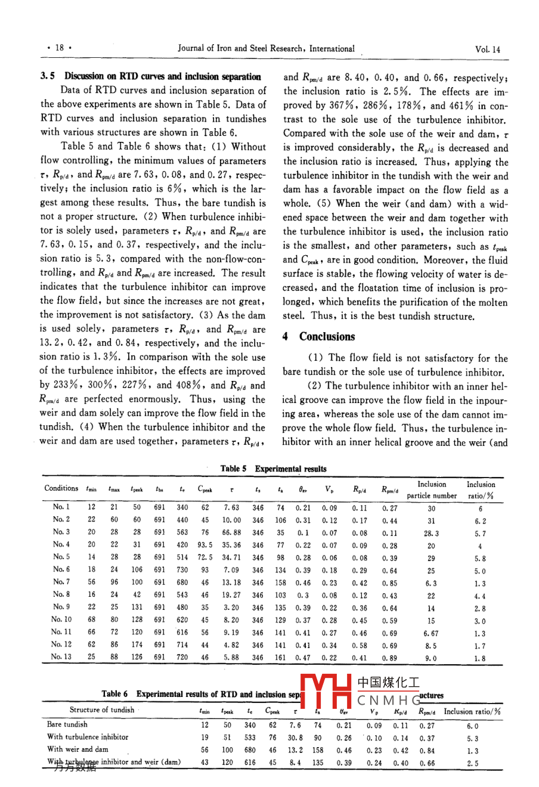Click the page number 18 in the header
coord(60,48)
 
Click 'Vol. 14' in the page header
coord(487,49)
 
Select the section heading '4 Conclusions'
coord(319,337)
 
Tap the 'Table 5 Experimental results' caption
coord(274,469)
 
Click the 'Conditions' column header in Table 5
coord(61,488)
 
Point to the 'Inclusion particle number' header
coord(432,489)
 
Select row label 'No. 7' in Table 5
coord(61,582)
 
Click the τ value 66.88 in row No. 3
coord(231,532)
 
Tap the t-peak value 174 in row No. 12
coord(137,645)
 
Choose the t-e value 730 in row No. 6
coord(182,570)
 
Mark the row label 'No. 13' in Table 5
coord(61,657)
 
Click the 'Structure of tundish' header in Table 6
coord(102,709)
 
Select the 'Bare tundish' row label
coord(67,724)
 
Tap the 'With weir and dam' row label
coord(78,749)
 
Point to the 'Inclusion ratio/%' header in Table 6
coord(472,711)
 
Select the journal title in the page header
coord(266,49)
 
